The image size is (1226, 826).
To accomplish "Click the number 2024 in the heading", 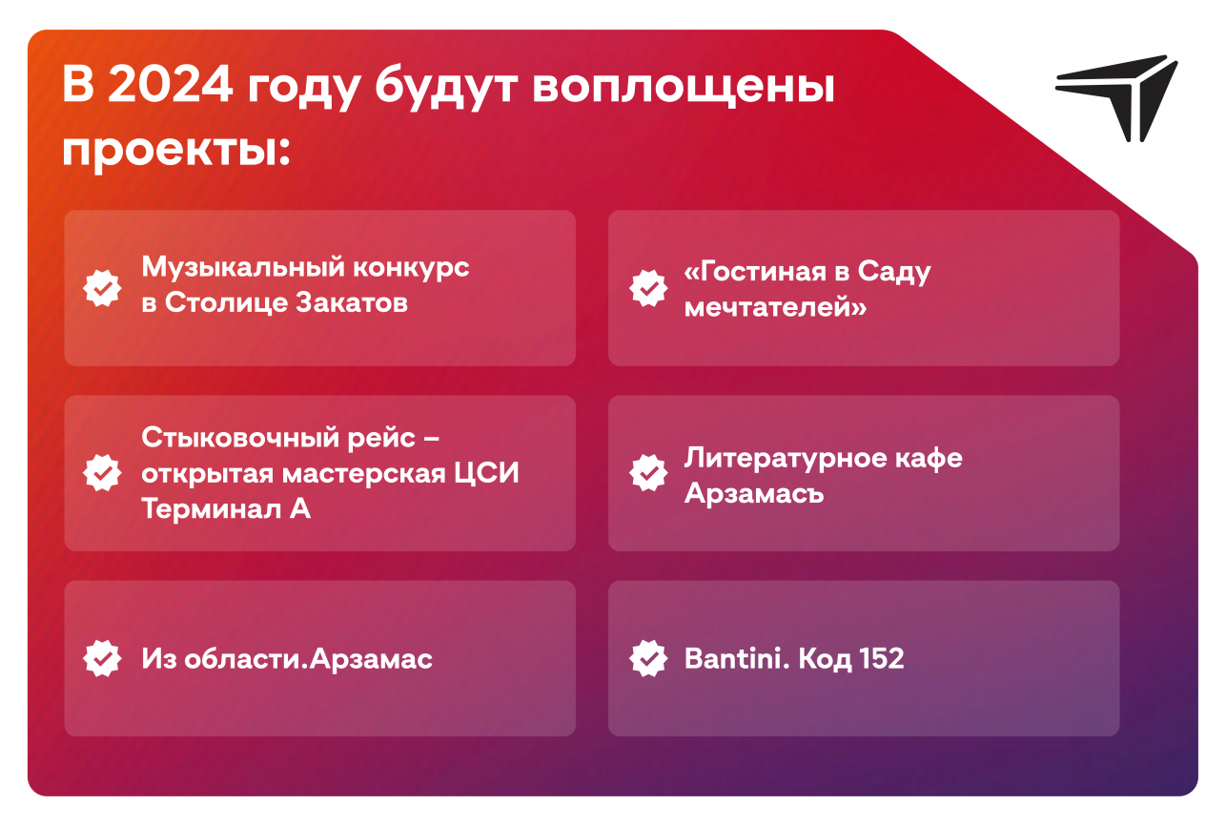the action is pyautogui.click(x=170, y=85).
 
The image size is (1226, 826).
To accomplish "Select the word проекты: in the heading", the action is pyautogui.click(x=175, y=150).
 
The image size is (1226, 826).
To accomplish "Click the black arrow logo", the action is pyautogui.click(x=1116, y=98).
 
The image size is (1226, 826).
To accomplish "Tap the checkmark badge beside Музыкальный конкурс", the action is pyautogui.click(x=102, y=288).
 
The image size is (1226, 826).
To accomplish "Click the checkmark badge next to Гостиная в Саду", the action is pyautogui.click(x=648, y=288).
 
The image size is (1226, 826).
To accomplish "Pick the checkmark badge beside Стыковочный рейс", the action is pyautogui.click(x=102, y=473).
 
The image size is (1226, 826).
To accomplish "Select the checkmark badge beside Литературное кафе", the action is pyautogui.click(x=648, y=473).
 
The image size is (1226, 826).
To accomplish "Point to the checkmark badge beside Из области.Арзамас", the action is pyautogui.click(x=102, y=658).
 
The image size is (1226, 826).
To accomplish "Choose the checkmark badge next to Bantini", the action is pyautogui.click(x=648, y=658).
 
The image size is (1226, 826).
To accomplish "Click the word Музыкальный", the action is pyautogui.click(x=243, y=268).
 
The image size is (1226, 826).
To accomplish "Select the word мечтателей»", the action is pyautogui.click(x=775, y=307).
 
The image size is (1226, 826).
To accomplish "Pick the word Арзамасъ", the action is pyautogui.click(x=754, y=493).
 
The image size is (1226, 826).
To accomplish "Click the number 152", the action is pyautogui.click(x=881, y=658).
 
